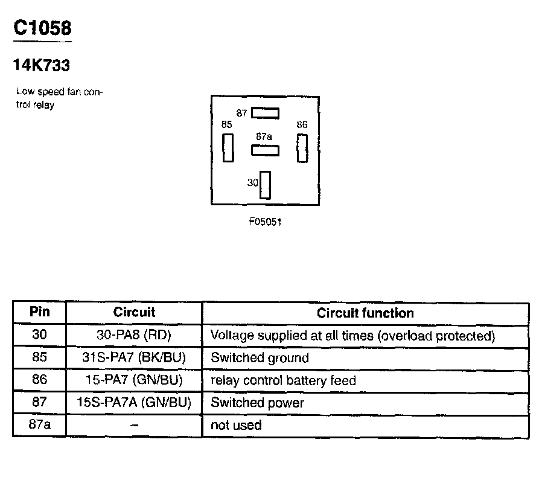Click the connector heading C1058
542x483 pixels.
42,28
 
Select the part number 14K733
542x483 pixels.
42,65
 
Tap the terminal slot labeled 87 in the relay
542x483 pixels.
265,112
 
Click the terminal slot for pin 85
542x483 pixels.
228,147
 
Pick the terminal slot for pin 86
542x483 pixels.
302,147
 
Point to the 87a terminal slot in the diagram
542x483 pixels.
265,150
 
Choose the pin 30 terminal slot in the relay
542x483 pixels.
265,185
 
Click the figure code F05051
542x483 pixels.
265,222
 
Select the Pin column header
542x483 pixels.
39,312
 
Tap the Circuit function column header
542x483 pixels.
365,313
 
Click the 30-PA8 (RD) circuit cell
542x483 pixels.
134,335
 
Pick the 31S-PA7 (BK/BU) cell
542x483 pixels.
134,357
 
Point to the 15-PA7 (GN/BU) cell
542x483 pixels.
134,380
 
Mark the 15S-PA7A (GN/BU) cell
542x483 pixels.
134,403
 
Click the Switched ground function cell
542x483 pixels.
260,358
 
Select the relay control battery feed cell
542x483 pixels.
283,380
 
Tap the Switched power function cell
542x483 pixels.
257,403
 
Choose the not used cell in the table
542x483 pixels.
236,425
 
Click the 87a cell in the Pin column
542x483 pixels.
39,424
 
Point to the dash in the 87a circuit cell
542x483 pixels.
134,425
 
